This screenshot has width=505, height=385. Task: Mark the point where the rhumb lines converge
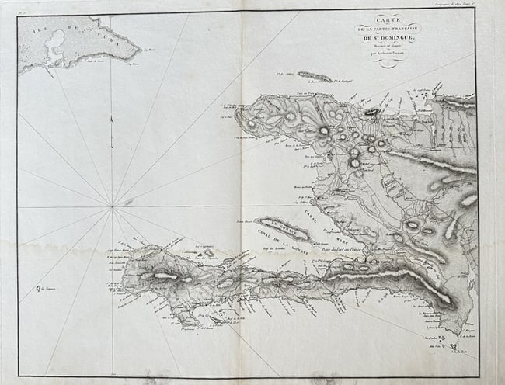pyautogui.click(x=112, y=206)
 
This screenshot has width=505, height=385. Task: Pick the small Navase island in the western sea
pyautogui.click(x=37, y=290)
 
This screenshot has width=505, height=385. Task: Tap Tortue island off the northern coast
pyautogui.click(x=315, y=76)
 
